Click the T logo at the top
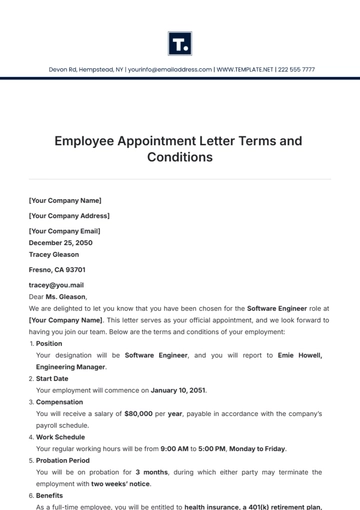pyautogui.click(x=180, y=43)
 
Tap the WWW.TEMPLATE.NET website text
pyautogui.click(x=247, y=70)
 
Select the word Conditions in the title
pyautogui.click(x=180, y=157)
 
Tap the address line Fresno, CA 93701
pyautogui.click(x=57, y=270)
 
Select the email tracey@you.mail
pyautogui.click(x=56, y=285)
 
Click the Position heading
pyautogui.click(x=50, y=343)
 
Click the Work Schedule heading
pyautogui.click(x=59, y=436)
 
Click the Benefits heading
pyautogui.click(x=50, y=495)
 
